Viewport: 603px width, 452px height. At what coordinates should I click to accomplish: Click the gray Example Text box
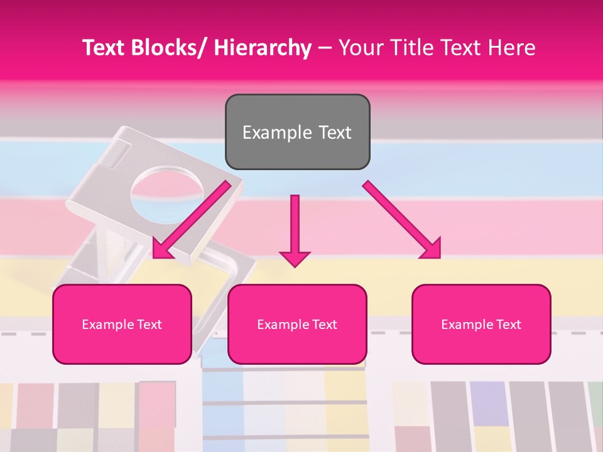pyautogui.click(x=297, y=132)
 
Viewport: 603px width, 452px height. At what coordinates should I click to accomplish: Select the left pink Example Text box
pyautogui.click(x=122, y=324)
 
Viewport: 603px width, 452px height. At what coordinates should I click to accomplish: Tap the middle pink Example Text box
pyautogui.click(x=297, y=324)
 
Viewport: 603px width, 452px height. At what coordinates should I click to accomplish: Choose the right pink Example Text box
pyautogui.click(x=481, y=324)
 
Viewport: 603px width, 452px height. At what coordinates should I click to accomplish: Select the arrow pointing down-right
pyautogui.click(x=402, y=220)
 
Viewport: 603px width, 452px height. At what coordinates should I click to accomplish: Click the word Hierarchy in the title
pyautogui.click(x=263, y=48)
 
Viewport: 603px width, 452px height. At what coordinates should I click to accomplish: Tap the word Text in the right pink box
pyautogui.click(x=508, y=324)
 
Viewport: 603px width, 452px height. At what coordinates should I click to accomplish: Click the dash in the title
pyautogui.click(x=325, y=48)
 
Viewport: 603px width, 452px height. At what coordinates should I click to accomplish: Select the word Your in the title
pyautogui.click(x=358, y=48)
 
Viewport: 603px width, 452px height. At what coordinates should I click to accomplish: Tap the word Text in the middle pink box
pyautogui.click(x=324, y=324)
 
